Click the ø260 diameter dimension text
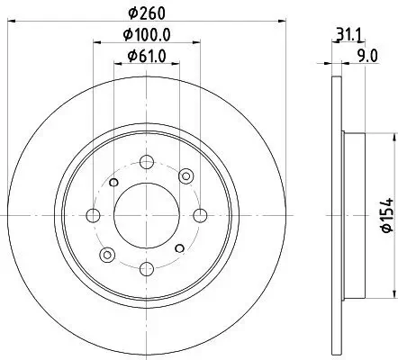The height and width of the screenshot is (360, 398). [x=147, y=13]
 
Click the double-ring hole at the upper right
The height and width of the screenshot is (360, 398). [x=186, y=175]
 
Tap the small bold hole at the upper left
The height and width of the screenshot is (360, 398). [x=113, y=182]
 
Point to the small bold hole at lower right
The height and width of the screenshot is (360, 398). [x=180, y=247]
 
